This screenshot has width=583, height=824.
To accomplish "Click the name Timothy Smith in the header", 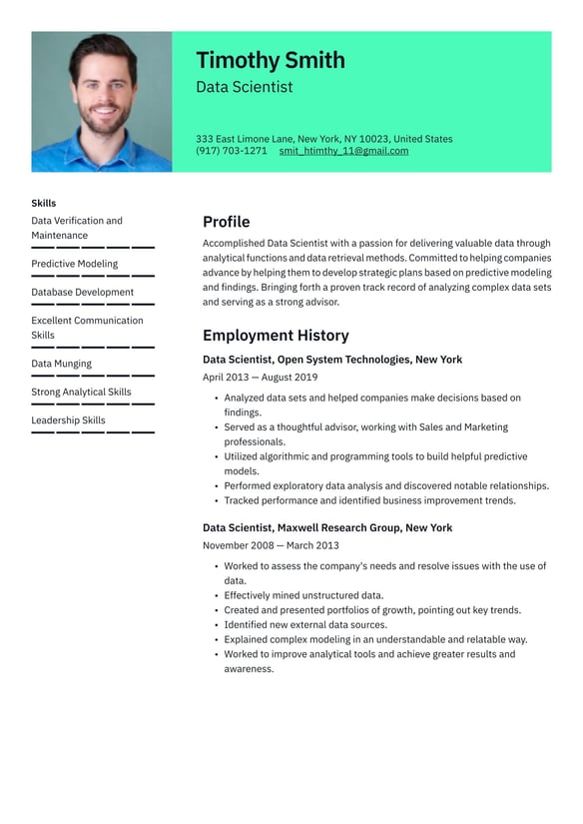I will (x=270, y=60).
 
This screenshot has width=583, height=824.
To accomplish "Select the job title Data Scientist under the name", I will (x=244, y=87).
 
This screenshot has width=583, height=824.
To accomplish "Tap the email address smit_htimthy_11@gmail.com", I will (x=343, y=151).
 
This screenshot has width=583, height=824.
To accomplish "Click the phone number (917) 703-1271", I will (x=231, y=151).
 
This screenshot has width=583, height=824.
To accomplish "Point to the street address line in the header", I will (x=323, y=139).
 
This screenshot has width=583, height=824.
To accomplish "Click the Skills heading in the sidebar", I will (x=43, y=203).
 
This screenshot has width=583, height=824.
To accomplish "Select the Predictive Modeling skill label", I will (x=74, y=264).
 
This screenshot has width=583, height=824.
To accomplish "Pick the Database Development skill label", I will (x=82, y=292).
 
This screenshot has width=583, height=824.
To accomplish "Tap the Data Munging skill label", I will (x=61, y=364).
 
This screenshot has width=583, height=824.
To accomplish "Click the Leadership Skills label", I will (x=68, y=420).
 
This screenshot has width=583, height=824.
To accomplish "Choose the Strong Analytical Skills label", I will (x=81, y=392).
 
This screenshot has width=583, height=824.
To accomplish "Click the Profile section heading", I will (x=226, y=222).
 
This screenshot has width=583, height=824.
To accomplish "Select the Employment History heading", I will (x=276, y=336).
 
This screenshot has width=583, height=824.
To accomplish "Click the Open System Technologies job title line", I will (x=331, y=360).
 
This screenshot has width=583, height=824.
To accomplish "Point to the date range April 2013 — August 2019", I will (x=260, y=378).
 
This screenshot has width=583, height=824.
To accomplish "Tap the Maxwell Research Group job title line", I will (x=326, y=527).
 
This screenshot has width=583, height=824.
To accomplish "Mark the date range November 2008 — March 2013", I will (x=271, y=545).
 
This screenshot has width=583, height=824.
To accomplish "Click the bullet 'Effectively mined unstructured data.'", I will (x=303, y=595).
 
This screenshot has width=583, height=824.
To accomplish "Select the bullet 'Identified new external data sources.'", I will (x=305, y=624).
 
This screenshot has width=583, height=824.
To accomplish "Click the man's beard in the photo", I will (x=103, y=122).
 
